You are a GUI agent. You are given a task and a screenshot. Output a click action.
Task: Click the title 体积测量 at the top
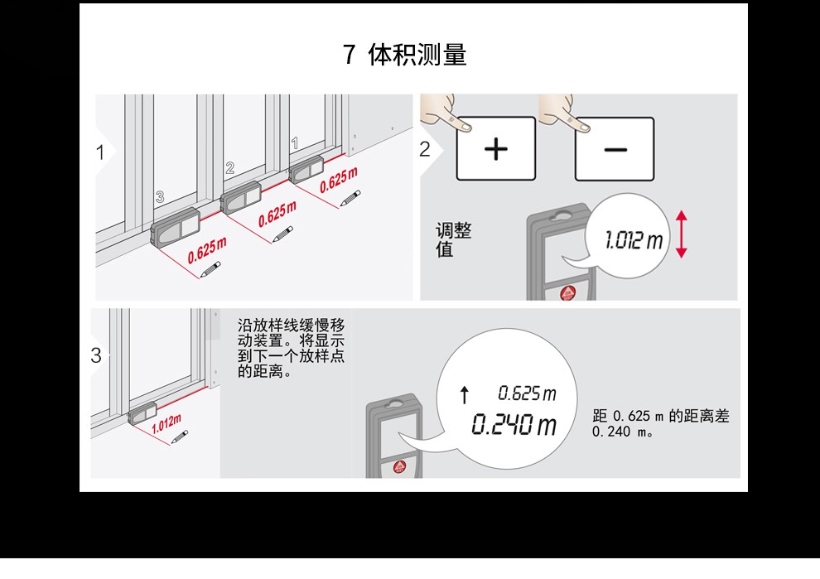pyautogui.click(x=417, y=55)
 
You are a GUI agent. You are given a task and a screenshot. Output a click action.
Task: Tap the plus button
pyautogui.click(x=496, y=149)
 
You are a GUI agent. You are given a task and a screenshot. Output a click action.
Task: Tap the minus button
pyautogui.click(x=615, y=150)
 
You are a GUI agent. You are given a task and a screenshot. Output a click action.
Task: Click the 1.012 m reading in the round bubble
pyautogui.click(x=634, y=240)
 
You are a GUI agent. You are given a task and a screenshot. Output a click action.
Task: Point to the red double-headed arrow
pyautogui.click(x=681, y=234)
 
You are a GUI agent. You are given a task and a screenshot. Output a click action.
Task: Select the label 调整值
pyautogui.click(x=453, y=239)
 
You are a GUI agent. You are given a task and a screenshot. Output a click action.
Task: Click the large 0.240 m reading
pyautogui.click(x=514, y=424)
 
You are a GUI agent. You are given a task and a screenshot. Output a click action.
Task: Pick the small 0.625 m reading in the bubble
pyautogui.click(x=527, y=393)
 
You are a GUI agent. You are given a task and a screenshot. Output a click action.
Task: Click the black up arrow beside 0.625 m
pyautogui.click(x=465, y=395)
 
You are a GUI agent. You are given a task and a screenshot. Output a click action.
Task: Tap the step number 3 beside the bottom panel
pyautogui.click(x=96, y=355)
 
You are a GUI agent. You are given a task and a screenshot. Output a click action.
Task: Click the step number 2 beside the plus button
pyautogui.click(x=425, y=150)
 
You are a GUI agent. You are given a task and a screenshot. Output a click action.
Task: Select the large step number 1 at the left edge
pyautogui.click(x=100, y=152)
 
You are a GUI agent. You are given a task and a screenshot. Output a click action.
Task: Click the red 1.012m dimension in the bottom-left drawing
pyautogui.click(x=166, y=423)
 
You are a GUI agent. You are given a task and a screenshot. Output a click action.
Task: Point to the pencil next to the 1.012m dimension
pyautogui.click(x=180, y=437)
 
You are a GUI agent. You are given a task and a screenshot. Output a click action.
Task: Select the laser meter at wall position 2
pyautogui.click(x=241, y=197)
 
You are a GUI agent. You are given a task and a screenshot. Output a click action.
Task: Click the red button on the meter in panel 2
pyautogui.click(x=568, y=293)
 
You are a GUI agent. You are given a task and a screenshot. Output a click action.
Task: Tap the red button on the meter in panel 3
pyautogui.click(x=399, y=467)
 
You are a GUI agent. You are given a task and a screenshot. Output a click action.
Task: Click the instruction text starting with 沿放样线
pyautogui.click(x=291, y=349)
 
